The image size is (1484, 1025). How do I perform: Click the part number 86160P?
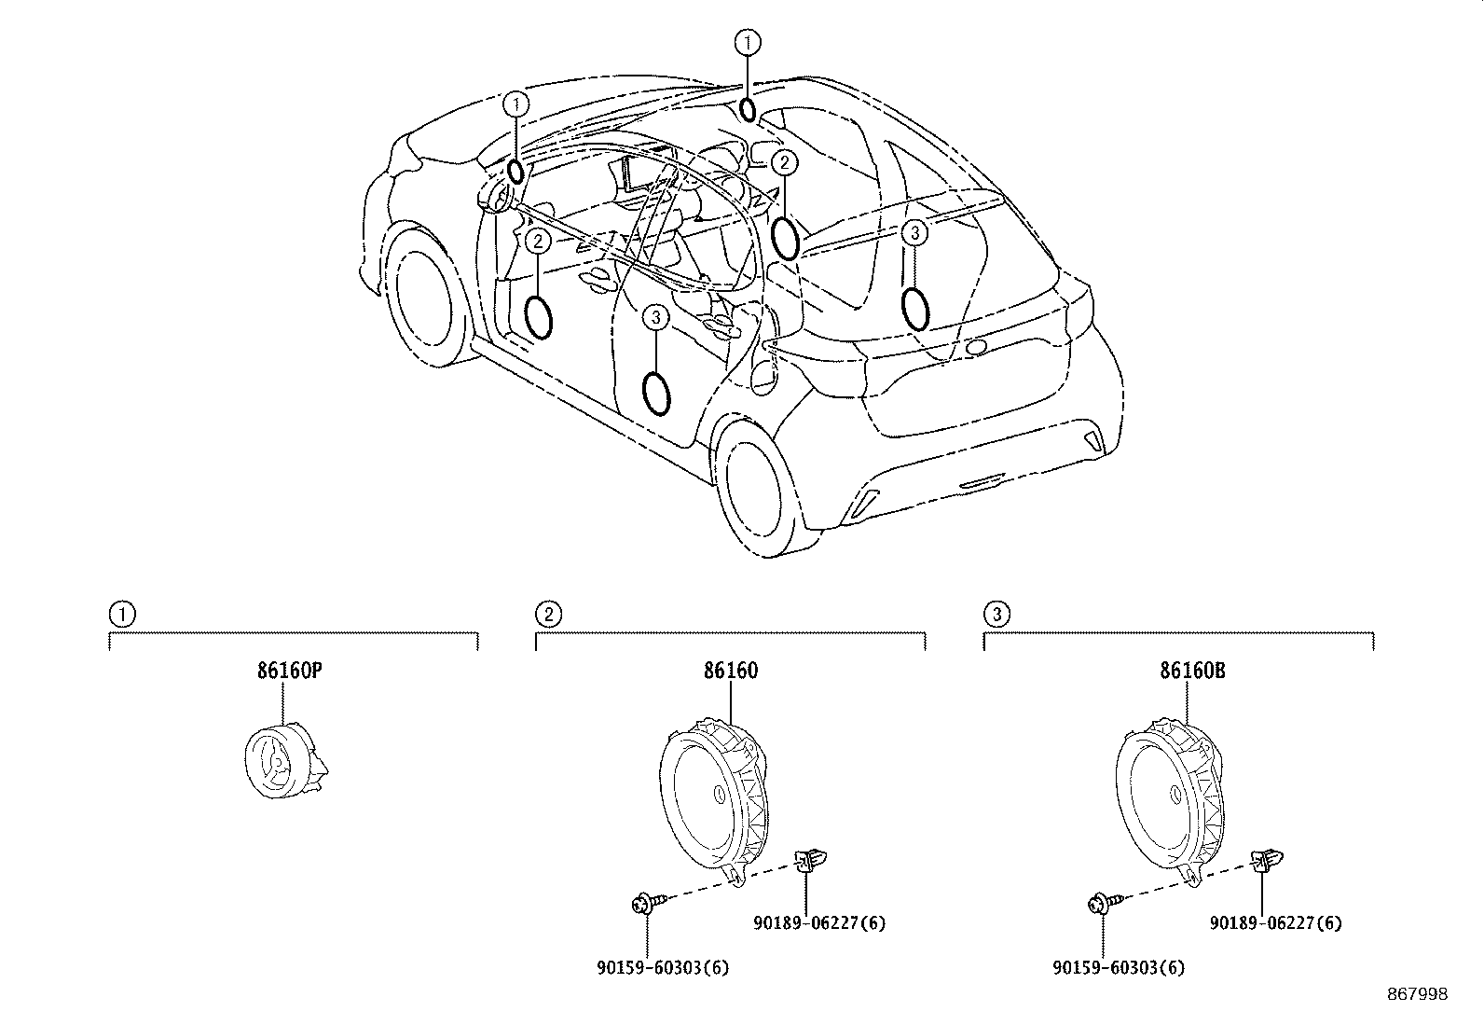(290, 671)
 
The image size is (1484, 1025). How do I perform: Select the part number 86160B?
(1192, 671)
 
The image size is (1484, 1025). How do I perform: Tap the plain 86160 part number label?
(731, 671)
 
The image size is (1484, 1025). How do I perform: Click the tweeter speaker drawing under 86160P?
(285, 761)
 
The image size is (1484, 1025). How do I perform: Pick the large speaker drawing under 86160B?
(1170, 802)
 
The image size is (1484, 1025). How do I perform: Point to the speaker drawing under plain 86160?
(714, 802)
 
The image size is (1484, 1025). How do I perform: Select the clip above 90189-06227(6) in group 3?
(1266, 861)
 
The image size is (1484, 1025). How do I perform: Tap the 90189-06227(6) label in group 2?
(818, 923)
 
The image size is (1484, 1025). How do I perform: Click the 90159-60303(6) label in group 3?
(1119, 968)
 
